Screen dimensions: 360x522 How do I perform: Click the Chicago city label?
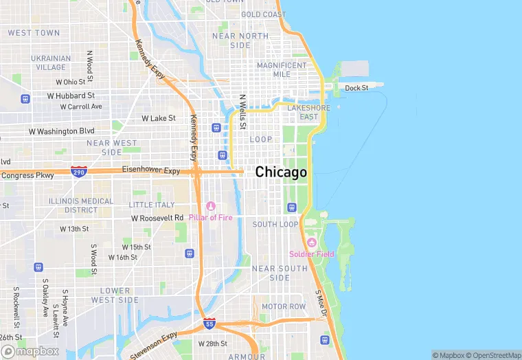[281, 172]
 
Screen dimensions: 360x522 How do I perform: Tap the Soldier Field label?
[312, 254]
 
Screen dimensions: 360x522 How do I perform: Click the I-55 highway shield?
[209, 323]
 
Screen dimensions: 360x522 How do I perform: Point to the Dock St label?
[356, 88]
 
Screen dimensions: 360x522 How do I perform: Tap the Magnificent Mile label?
[282, 69]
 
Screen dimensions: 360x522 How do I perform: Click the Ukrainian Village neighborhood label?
[51, 63]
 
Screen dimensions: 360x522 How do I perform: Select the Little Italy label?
[152, 205]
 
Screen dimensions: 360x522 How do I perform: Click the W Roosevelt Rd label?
[157, 218]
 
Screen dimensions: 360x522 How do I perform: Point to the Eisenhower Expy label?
[150, 170]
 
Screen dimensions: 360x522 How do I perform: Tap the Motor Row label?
[284, 306]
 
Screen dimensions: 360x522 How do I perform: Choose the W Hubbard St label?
[70, 95]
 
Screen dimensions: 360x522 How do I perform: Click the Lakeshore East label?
[308, 112]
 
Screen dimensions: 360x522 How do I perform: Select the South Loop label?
[275, 225]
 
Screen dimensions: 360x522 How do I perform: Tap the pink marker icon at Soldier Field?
[312, 243]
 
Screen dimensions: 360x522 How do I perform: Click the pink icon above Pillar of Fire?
[211, 206]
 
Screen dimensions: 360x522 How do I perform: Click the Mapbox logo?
[30, 350]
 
